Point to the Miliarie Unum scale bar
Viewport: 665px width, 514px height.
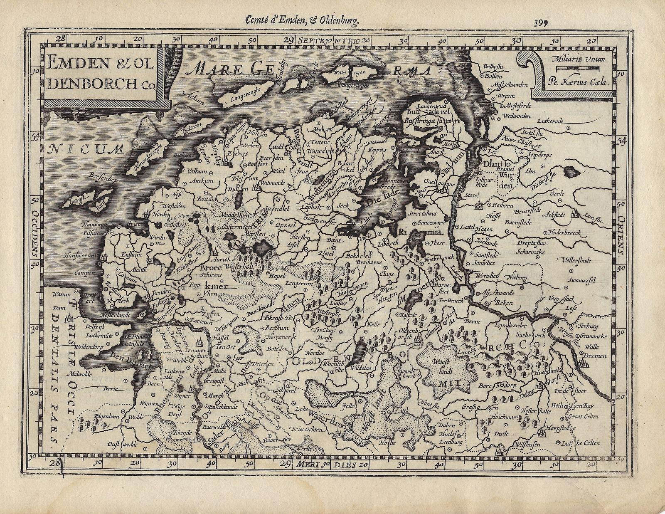click(578, 67)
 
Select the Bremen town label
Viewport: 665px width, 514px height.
click(595, 356)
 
